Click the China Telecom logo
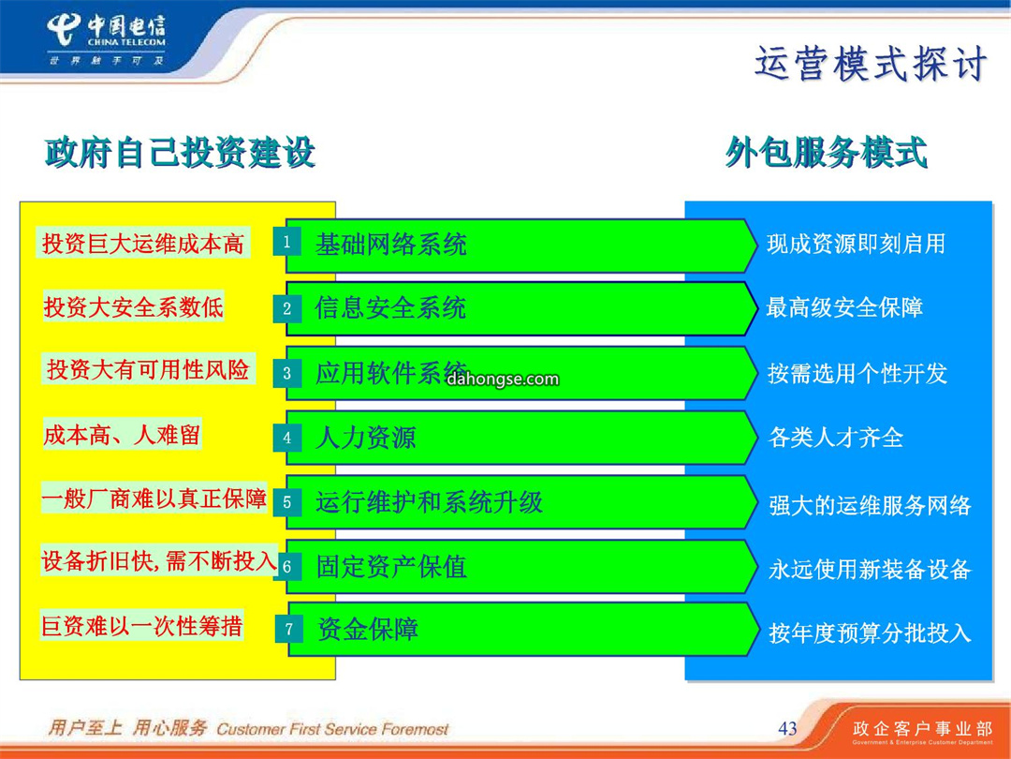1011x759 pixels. coord(107,40)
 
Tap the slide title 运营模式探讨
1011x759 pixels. coord(871,64)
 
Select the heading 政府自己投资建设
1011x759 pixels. coord(180,153)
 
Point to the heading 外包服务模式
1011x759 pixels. coord(826,153)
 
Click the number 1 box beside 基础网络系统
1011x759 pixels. coord(287,243)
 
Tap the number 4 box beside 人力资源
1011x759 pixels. coord(287,438)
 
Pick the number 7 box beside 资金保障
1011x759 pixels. coord(289,630)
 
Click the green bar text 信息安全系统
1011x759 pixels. coord(390,308)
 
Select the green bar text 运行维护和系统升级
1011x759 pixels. coord(429,502)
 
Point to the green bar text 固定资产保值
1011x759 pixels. coord(391,567)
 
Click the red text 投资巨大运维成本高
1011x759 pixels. coord(142,244)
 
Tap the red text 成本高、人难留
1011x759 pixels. coord(121,435)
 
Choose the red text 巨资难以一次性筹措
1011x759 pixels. coord(142,625)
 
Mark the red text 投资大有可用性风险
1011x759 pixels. coord(148,369)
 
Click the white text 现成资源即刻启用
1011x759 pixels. coord(856,244)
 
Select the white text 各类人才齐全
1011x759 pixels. coord(836,438)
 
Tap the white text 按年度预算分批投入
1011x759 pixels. coord(870,633)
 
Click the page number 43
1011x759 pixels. coord(788,729)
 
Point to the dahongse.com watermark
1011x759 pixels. coord(503,379)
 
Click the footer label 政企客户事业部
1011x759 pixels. coord(923,729)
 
